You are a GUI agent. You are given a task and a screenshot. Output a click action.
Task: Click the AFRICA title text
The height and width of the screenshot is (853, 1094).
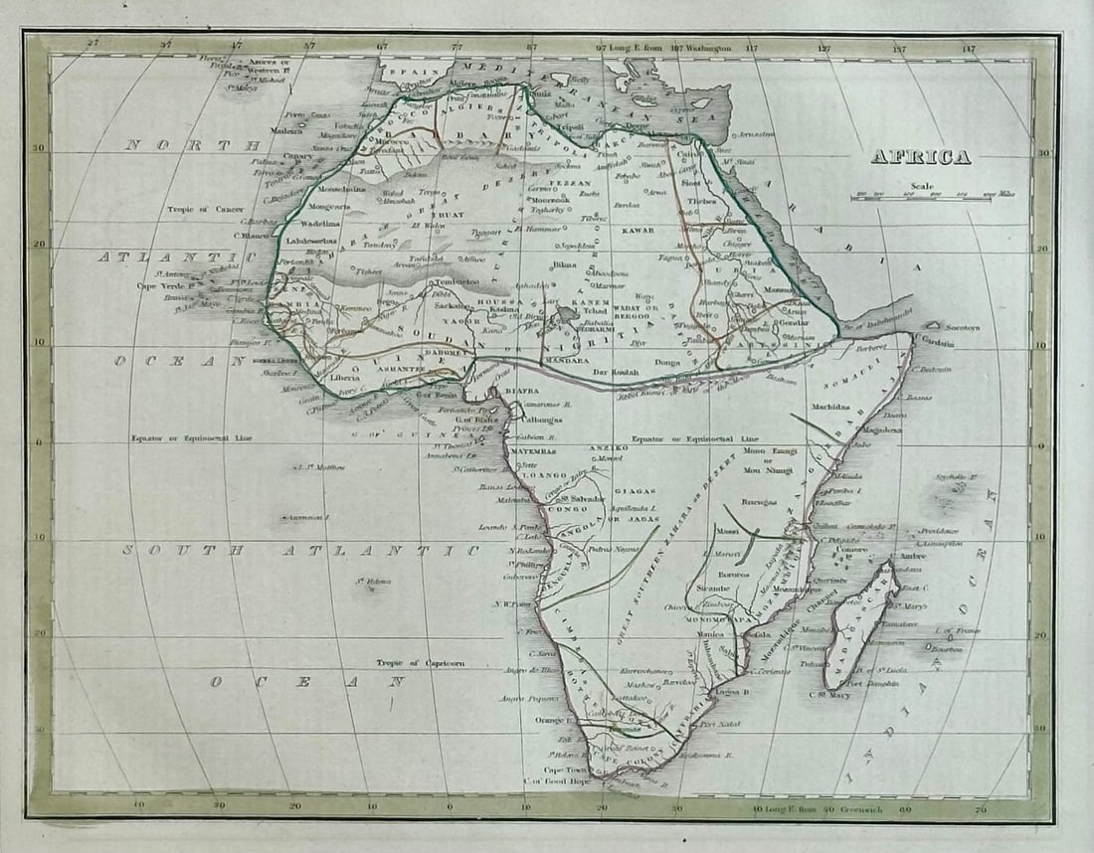920,157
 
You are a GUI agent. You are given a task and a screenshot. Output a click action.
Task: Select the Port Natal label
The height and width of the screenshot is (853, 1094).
721,724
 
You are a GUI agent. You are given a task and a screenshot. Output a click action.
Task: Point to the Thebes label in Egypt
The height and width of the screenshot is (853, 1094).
701,201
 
